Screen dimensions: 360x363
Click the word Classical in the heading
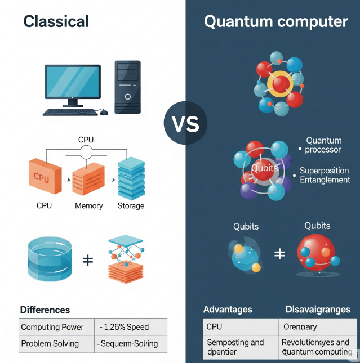56,21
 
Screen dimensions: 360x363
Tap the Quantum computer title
275,22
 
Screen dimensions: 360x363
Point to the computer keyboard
69,112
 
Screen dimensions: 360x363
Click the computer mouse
104,113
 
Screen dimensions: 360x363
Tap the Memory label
89,206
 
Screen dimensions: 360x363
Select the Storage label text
131,206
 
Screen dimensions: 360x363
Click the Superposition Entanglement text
325,175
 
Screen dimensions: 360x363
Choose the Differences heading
45,310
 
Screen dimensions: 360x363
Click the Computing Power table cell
52,327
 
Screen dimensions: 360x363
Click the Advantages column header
228,310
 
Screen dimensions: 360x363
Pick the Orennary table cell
300,326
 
